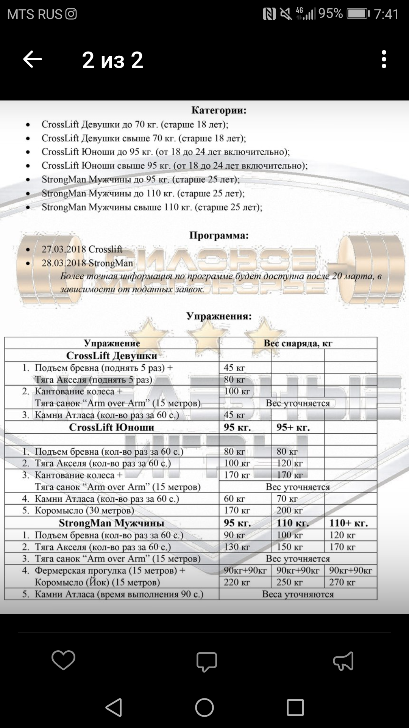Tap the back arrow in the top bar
33,60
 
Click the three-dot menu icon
384,60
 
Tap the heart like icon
63,660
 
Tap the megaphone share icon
343,661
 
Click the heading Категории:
219,110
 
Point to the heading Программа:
219,235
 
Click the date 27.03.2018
64,249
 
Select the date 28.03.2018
64,263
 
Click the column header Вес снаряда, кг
298,344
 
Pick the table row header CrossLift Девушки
112,356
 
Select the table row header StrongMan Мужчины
112,523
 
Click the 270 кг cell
342,582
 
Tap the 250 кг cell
289,582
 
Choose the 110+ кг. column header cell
348,523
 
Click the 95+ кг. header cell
293,428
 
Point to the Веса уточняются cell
298,594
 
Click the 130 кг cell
237,547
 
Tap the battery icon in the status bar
358,14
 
